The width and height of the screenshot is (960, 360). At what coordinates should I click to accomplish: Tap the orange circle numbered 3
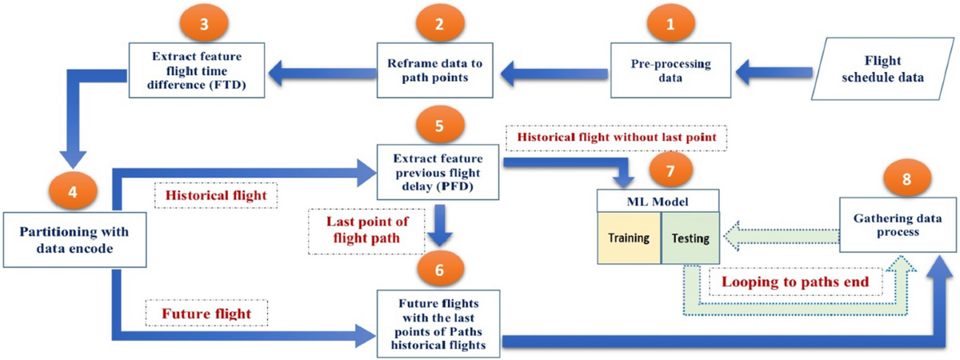pos(206,24)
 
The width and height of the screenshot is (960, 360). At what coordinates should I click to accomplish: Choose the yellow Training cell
pos(629,238)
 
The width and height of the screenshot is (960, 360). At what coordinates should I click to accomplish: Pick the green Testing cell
pos(690,238)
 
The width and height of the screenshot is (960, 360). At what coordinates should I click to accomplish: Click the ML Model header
pos(659,200)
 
